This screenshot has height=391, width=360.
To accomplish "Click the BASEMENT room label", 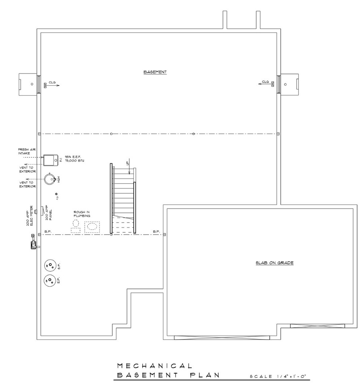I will click(x=155, y=72).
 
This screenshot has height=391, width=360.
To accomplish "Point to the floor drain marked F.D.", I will click(x=56, y=194).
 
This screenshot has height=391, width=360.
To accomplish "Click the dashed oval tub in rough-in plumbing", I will click(x=92, y=227).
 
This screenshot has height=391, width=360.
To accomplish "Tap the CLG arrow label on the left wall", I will click(x=53, y=83).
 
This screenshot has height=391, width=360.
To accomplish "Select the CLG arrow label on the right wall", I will click(x=265, y=82).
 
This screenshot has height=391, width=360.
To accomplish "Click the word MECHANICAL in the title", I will click(x=154, y=366).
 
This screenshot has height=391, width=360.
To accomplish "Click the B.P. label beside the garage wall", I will click(x=156, y=231).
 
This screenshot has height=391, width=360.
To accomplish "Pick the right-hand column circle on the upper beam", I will click(x=193, y=134).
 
